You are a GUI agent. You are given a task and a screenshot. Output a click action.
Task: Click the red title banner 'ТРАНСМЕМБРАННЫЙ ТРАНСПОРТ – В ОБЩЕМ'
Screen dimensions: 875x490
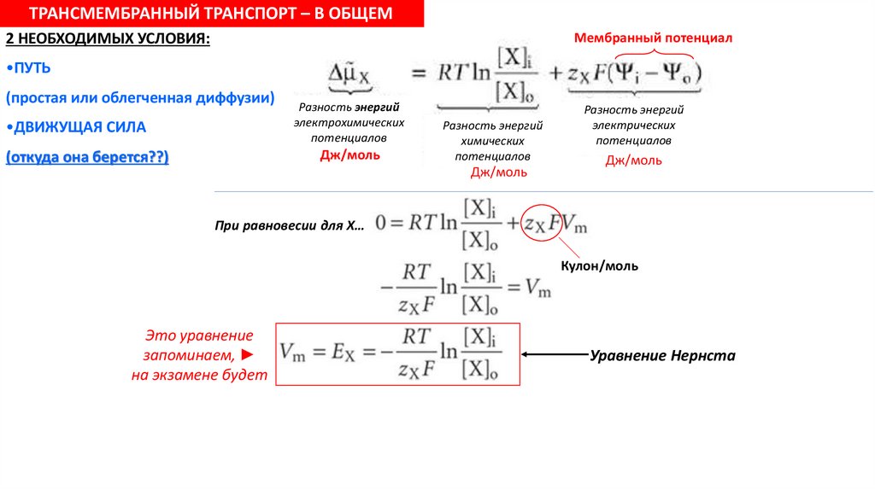click(212, 14)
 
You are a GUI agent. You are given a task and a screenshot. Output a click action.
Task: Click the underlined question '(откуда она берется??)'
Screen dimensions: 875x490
click(87, 158)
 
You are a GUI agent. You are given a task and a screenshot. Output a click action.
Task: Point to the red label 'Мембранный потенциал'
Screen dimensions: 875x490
click(654, 38)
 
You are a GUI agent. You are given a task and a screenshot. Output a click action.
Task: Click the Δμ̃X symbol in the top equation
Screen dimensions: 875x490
click(350, 76)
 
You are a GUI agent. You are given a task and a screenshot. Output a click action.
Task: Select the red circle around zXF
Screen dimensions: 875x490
click(543, 225)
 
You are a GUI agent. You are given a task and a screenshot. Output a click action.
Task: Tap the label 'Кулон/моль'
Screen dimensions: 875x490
click(599, 266)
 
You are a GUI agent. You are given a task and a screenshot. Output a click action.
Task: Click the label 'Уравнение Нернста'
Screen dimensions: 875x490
click(662, 355)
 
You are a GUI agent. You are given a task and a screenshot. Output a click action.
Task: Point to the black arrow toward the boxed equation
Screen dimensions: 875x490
click(555, 354)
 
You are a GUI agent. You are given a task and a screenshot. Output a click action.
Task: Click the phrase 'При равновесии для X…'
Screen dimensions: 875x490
click(290, 226)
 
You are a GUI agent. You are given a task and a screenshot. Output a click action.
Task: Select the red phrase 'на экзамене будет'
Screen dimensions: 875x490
click(199, 376)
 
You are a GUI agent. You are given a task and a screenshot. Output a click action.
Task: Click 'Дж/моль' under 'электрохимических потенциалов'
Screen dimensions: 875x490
click(350, 155)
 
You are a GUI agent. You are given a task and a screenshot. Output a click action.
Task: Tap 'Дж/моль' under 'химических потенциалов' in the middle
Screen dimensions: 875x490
click(499, 172)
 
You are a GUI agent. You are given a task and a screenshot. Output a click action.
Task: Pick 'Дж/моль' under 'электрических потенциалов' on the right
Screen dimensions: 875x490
click(633, 160)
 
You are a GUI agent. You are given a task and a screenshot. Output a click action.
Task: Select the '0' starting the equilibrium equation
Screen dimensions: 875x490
click(381, 223)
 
